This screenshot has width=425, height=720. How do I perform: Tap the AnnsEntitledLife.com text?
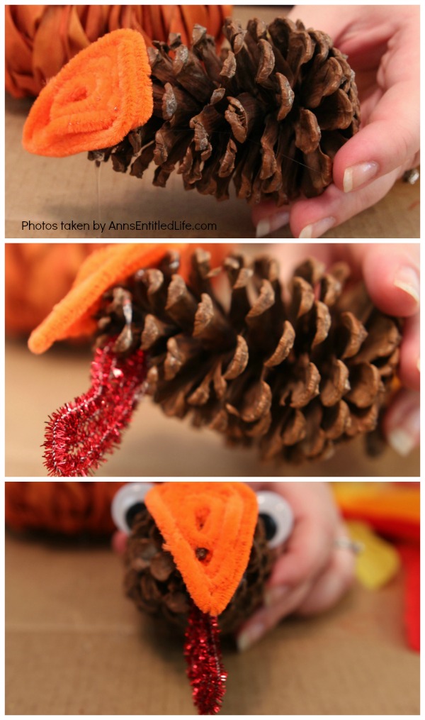coord(162,226)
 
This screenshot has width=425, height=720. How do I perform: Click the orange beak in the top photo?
coord(88,93)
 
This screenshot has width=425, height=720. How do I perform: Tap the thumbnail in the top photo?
coord(361,175)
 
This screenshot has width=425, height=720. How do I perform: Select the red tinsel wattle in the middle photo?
coord(94,409)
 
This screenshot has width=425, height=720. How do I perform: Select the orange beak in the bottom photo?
coord(203,546)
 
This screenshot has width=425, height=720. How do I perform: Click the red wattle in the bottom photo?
coord(205,661)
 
